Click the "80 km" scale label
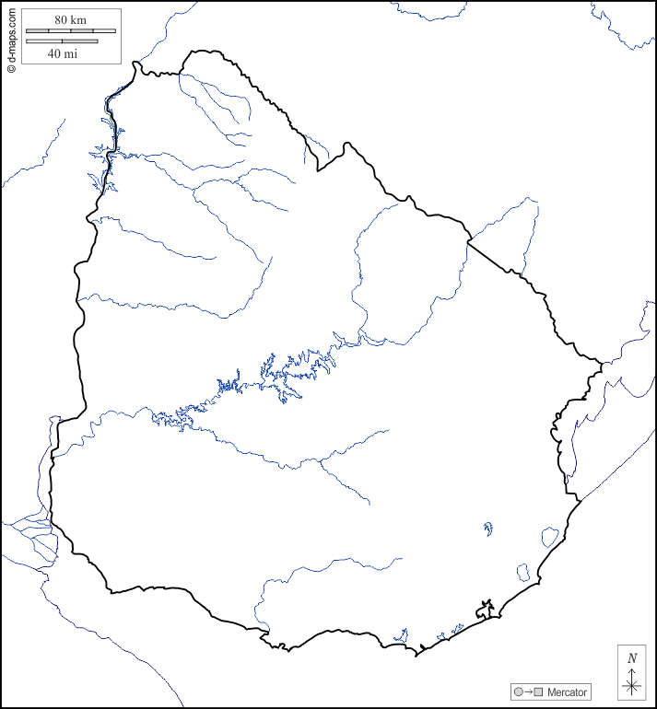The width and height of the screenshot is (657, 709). tap(70, 19)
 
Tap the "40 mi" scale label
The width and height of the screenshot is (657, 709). tap(62, 53)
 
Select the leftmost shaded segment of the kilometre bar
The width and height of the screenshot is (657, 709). tap(38, 31)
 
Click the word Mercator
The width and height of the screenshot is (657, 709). tap(567, 692)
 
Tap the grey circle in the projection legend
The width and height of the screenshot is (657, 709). tap(518, 692)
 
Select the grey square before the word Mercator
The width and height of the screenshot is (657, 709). tap(538, 692)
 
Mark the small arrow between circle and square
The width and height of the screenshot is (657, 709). tap(528, 692)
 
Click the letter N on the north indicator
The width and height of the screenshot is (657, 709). tap(631, 658)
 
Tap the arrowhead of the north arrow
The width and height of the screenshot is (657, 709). tap(631, 671)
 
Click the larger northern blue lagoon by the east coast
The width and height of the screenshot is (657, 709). tap(549, 536)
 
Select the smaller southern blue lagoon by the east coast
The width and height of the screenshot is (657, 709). tap(523, 572)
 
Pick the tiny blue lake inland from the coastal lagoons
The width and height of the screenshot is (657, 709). tap(487, 529)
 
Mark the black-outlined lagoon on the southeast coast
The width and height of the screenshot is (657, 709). tap(485, 610)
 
